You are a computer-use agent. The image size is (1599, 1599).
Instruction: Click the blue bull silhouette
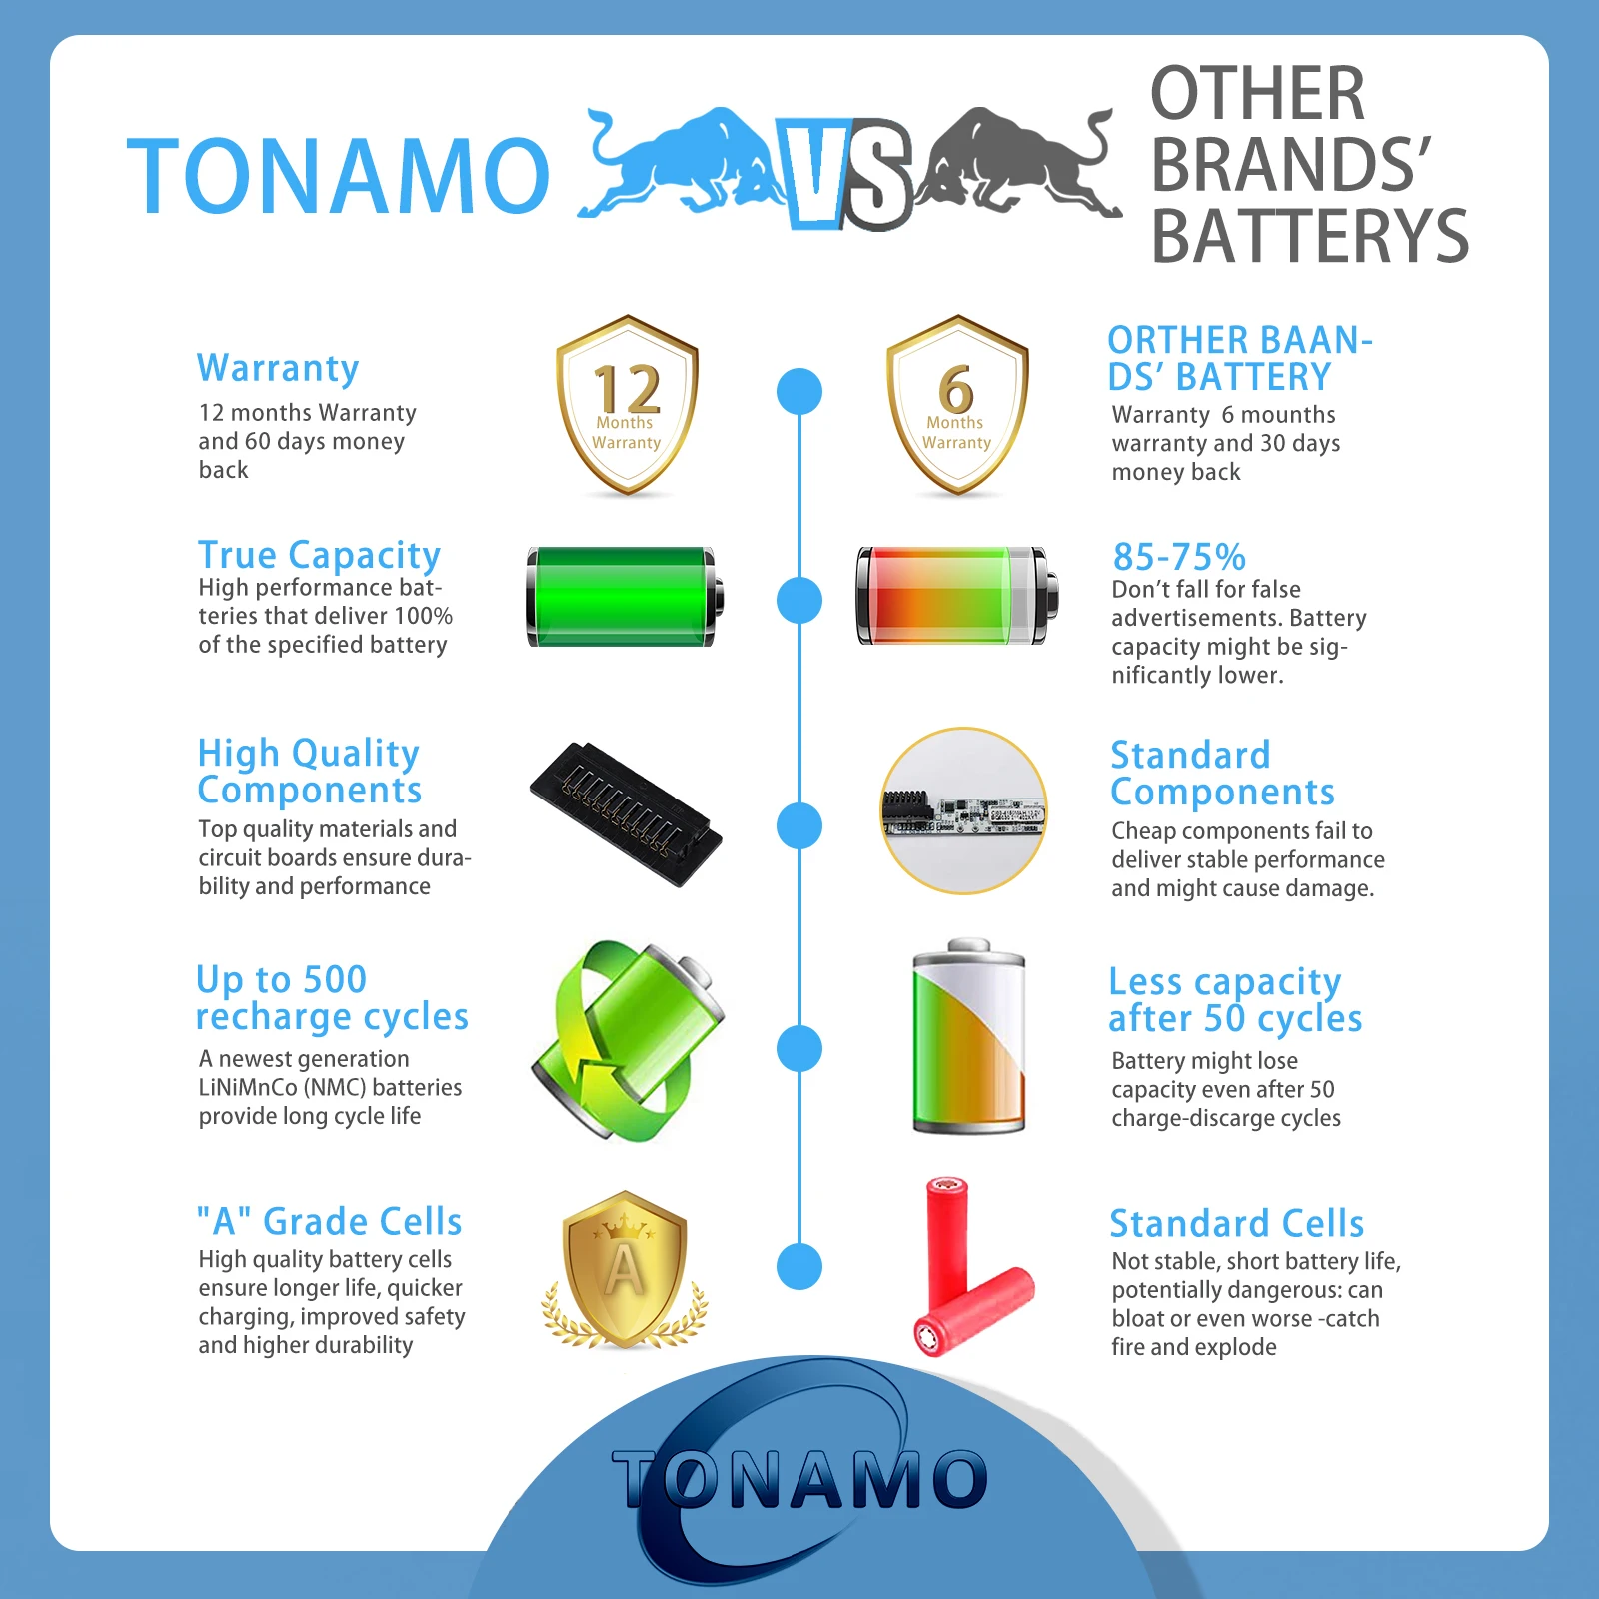680,165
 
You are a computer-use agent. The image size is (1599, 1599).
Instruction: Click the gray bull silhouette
1019,165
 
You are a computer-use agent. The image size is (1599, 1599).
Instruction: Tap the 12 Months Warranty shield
627,405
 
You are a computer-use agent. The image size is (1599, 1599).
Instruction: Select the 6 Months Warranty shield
957,405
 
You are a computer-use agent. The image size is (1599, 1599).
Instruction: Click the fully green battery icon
625,597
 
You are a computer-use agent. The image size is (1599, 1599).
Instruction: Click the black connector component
627,813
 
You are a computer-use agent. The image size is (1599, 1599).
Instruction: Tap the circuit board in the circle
963,810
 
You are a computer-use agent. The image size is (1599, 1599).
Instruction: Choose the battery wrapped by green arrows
628,1039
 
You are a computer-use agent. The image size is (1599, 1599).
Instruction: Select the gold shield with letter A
625,1270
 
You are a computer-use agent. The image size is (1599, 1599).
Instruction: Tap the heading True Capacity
319,555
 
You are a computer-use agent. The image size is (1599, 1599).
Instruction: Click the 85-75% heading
1179,557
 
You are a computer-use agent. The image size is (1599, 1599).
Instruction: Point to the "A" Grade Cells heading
329,1221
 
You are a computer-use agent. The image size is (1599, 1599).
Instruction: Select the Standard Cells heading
1237,1223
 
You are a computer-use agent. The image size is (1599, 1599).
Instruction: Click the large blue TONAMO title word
339,176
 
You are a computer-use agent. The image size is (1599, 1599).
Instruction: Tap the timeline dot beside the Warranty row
799,391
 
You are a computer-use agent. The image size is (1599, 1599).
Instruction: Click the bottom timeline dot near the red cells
799,1267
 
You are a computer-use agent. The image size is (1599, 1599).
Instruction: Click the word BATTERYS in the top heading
1310,237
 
